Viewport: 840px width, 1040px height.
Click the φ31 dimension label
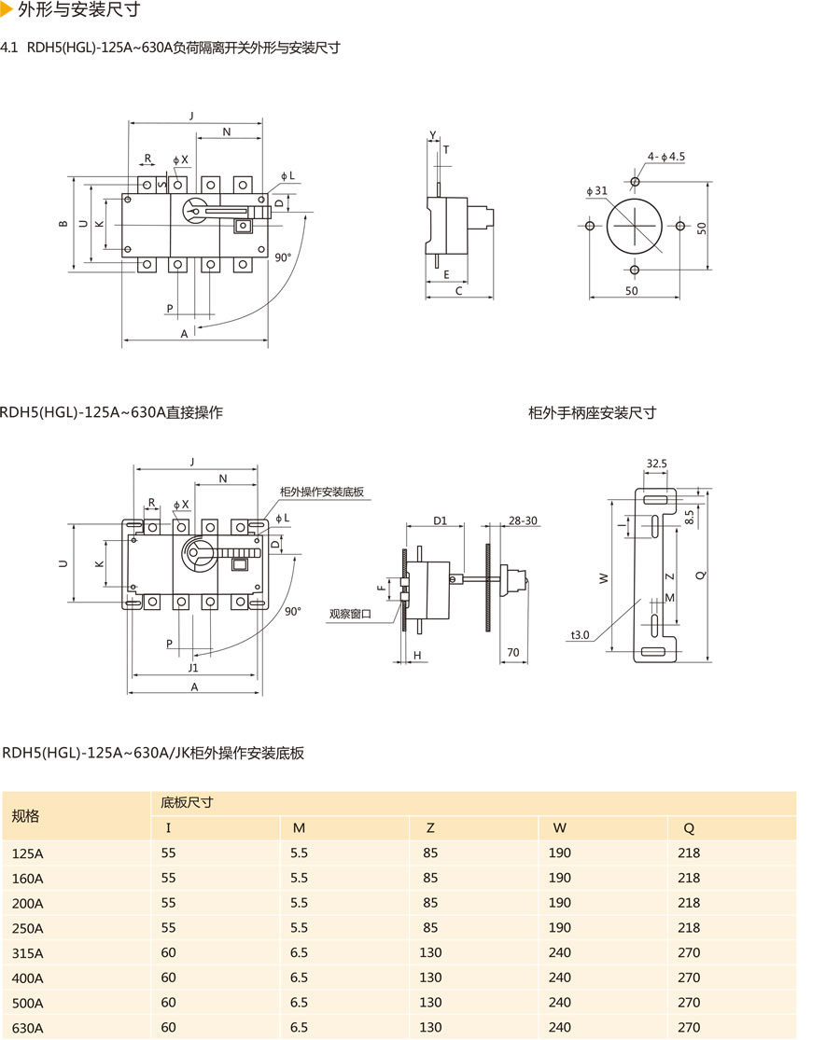point(597,191)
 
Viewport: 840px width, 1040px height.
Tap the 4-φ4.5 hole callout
point(666,157)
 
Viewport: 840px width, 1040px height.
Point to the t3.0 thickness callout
point(581,635)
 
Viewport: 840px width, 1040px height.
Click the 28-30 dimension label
point(523,520)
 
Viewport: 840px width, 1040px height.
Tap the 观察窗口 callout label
point(350,614)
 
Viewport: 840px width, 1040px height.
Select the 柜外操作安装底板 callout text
point(322,492)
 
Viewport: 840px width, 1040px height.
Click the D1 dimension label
point(441,520)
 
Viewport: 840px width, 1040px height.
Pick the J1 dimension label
point(192,668)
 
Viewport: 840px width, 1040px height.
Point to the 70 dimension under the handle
point(512,653)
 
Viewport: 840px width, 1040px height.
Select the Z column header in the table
point(430,827)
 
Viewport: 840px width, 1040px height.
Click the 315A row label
point(27,953)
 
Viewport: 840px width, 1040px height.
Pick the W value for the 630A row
point(560,1028)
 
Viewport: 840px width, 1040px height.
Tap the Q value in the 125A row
point(689,853)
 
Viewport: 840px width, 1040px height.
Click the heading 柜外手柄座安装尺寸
point(592,412)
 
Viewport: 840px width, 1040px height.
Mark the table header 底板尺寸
point(188,802)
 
